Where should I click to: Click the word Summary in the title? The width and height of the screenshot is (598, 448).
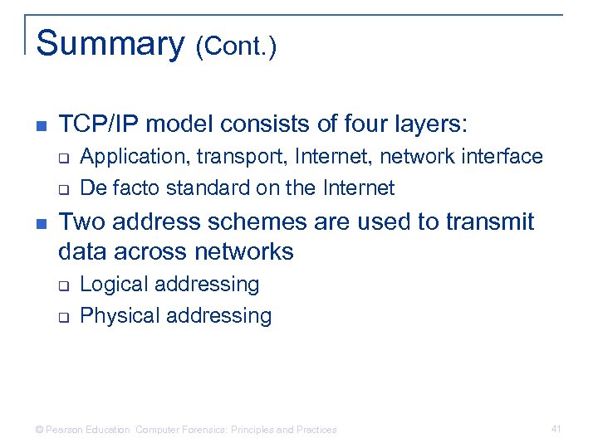pyautogui.click(x=110, y=44)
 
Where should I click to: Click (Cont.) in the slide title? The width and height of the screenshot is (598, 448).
pyautogui.click(x=236, y=47)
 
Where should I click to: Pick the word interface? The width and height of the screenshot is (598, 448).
pyautogui.click(x=504, y=156)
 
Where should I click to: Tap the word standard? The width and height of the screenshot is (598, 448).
pyautogui.click(x=208, y=188)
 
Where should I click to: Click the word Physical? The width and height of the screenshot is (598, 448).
pyautogui.click(x=117, y=316)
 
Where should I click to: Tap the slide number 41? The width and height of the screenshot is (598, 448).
pyautogui.click(x=556, y=429)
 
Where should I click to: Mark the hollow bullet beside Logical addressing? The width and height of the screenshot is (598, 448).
pyautogui.click(x=62, y=285)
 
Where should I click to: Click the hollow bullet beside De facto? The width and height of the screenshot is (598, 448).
pyautogui.click(x=62, y=189)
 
